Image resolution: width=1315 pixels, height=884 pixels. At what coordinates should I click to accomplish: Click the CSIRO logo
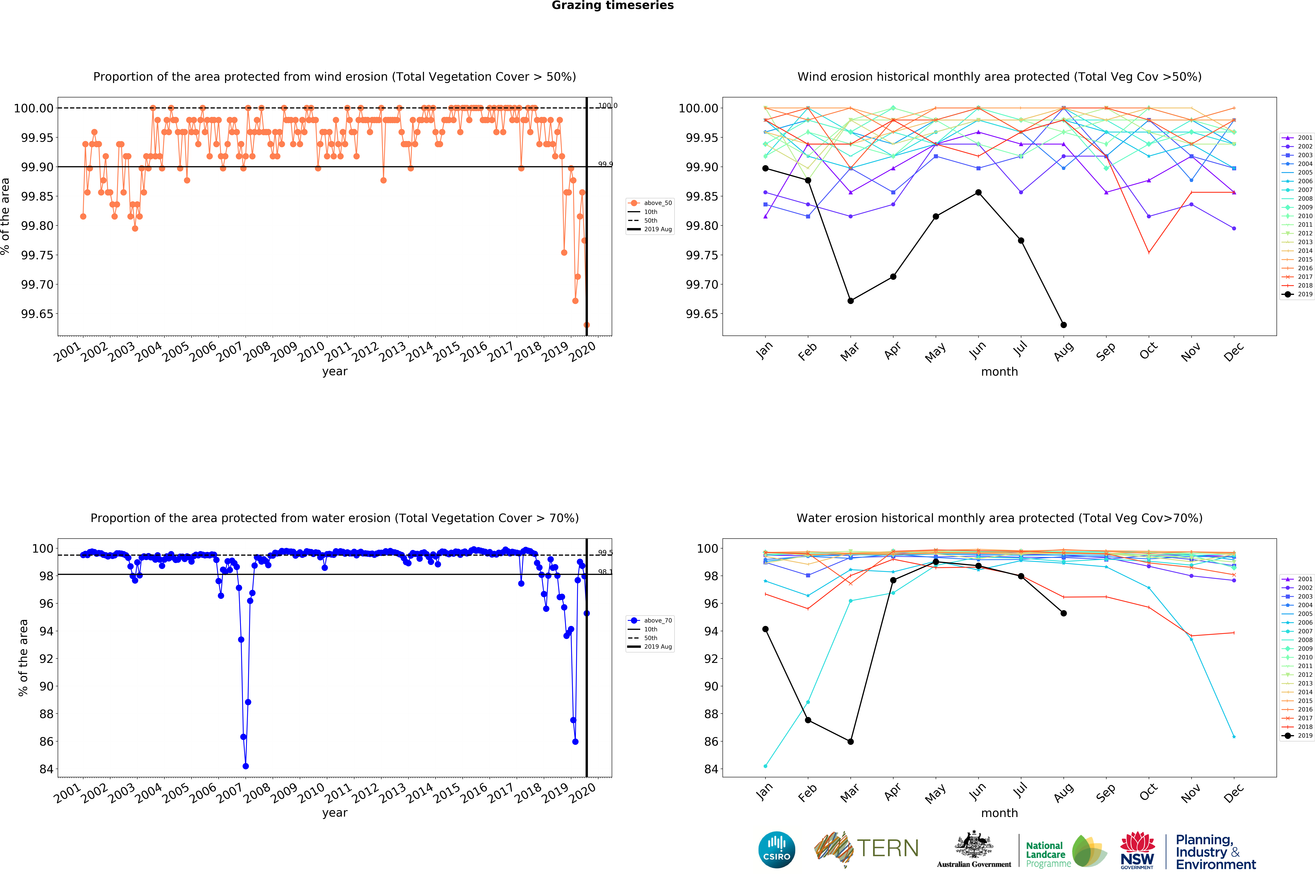(x=777, y=850)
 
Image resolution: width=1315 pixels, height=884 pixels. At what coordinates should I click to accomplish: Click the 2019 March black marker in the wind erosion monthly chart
(x=851, y=301)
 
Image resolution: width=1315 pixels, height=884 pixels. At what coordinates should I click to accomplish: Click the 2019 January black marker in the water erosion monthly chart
(x=765, y=629)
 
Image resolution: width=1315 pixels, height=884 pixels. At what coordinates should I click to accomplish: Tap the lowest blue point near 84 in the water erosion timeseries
(x=246, y=766)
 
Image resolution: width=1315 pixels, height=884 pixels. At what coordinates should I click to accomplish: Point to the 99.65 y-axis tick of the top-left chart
(x=37, y=314)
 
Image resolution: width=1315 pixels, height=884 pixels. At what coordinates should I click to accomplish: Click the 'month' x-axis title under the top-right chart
(x=999, y=372)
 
